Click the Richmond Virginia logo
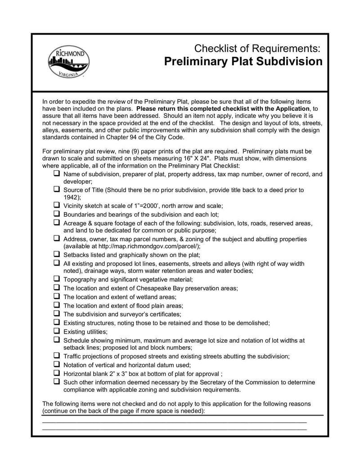point(68,62)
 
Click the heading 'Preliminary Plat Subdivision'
point(243,61)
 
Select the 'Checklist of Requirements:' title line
point(257,48)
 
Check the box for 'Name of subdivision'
point(57,173)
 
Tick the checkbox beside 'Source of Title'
point(57,190)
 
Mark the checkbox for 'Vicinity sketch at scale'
point(57,205)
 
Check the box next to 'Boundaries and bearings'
point(57,214)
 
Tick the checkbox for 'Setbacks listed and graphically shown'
point(57,254)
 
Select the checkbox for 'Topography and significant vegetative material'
point(57,279)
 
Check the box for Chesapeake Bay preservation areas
point(57,287)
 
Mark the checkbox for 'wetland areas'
point(57,296)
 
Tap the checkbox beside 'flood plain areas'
point(57,305)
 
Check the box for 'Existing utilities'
point(57,331)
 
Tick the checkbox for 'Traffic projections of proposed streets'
point(57,356)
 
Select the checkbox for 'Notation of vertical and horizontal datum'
point(57,364)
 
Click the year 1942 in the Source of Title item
point(71,197)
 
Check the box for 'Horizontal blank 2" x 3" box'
point(57,373)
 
